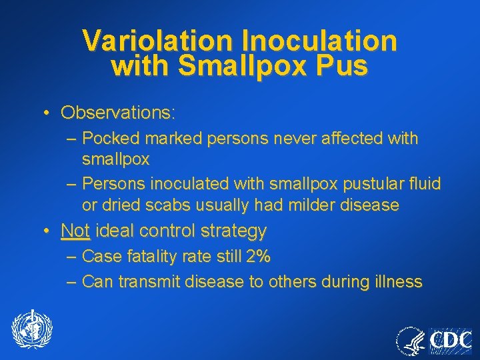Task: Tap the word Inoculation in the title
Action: pos(319,41)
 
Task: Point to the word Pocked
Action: pos(111,139)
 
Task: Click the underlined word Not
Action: pos(75,231)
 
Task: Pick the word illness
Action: pos(397,282)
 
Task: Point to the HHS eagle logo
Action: pos(411,341)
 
